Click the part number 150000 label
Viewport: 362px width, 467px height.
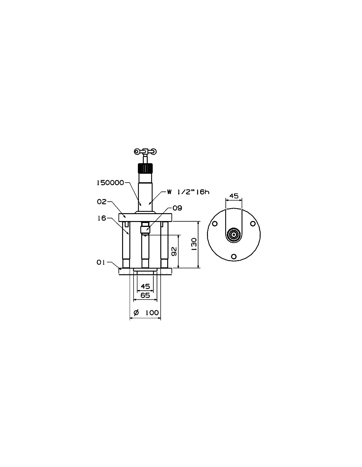click(x=110, y=183)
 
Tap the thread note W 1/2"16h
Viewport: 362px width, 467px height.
click(x=188, y=192)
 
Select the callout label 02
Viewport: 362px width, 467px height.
click(x=102, y=202)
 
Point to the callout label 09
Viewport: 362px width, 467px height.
click(x=177, y=208)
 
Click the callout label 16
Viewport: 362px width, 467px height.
click(x=102, y=218)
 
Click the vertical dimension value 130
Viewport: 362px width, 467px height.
click(x=194, y=245)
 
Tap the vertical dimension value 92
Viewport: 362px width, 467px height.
click(x=174, y=251)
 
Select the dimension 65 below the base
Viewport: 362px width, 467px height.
click(x=145, y=295)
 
